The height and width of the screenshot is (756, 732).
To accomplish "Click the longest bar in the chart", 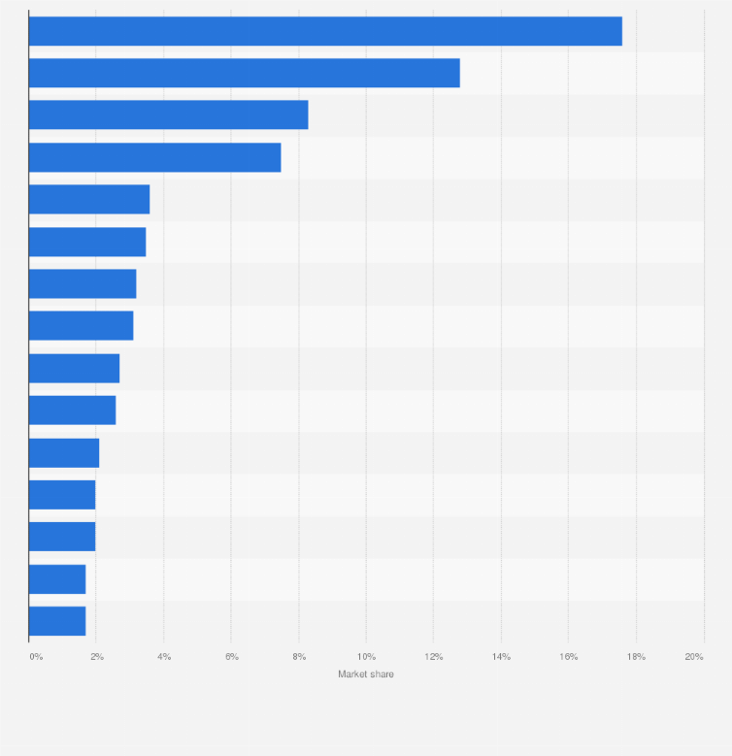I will (325, 31).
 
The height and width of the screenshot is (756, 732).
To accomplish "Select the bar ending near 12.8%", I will (244, 73).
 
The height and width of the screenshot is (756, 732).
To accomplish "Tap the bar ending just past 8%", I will (168, 115).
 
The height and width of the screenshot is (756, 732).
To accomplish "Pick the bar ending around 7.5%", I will (154, 157).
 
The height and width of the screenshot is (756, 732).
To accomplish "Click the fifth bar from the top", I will (89, 199).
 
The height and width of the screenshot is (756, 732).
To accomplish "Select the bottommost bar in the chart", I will (57, 621).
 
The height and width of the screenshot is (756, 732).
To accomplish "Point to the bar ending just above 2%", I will (64, 452).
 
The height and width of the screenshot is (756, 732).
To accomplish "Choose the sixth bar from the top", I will (87, 242).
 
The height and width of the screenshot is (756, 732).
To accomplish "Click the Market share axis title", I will (366, 674).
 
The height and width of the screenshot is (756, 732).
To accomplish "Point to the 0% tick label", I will (36, 657).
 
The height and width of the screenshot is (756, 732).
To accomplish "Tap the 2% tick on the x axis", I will (97, 657).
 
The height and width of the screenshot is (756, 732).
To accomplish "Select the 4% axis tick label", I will (164, 657).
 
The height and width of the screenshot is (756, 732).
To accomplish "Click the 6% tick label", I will (232, 657).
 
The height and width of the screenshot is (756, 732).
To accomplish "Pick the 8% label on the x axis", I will (299, 657).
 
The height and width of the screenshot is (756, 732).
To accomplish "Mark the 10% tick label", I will (366, 657).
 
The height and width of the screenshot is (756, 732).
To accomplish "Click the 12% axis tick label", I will (433, 657).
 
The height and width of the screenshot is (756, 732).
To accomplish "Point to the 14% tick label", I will (501, 657).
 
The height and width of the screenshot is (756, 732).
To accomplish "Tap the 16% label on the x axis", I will (568, 657).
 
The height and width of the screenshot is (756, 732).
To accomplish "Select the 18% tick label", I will (636, 657).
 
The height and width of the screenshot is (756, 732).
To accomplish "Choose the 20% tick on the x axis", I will (694, 657).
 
